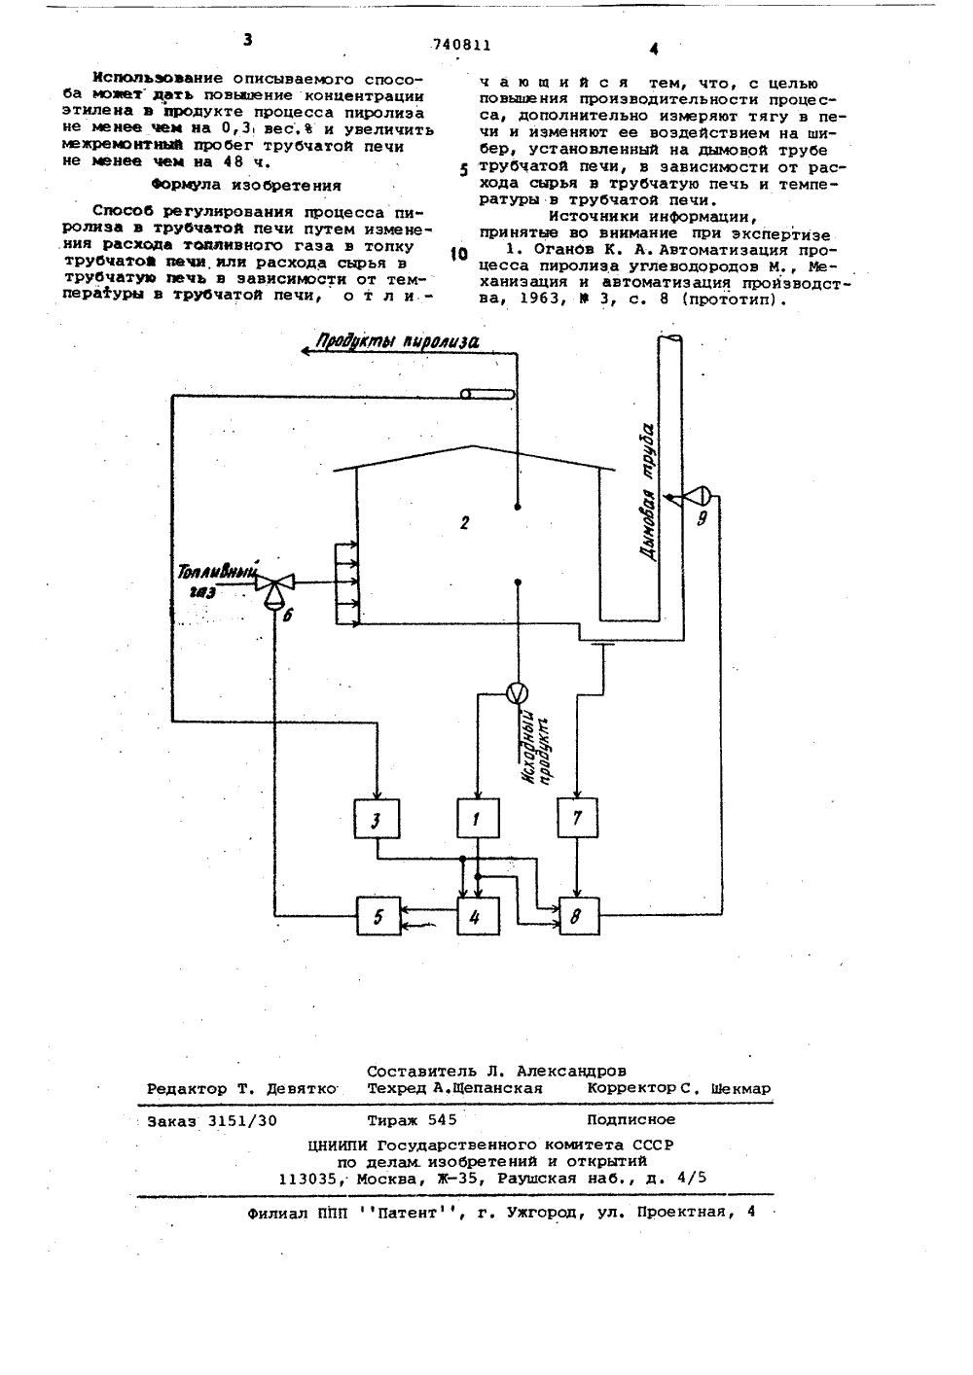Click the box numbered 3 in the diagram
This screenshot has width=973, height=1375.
click(377, 819)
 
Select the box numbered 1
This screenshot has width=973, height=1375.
click(478, 818)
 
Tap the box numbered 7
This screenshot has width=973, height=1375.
click(577, 818)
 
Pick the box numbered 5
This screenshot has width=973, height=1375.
click(378, 916)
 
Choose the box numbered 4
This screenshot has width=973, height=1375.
click(478, 916)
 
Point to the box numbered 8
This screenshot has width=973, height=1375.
click(579, 916)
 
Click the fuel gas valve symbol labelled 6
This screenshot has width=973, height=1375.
click(274, 587)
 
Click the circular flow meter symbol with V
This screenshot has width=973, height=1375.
click(517, 693)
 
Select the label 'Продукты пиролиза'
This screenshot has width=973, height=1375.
click(397, 342)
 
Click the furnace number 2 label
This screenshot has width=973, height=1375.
click(464, 522)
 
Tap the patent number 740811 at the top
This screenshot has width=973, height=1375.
click(462, 45)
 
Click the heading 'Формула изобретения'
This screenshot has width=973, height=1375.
click(246, 185)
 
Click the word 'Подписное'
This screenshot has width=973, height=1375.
click(631, 1119)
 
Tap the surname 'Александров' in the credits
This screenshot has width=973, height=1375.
click(572, 1072)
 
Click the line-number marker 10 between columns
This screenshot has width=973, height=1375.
click(459, 254)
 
